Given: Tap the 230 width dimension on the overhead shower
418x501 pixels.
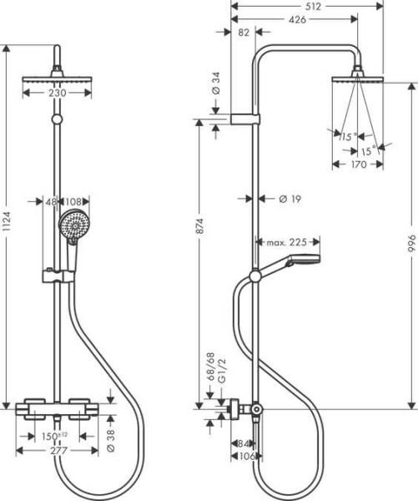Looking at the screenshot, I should click(56, 94).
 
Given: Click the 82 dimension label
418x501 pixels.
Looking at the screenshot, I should click(244, 33).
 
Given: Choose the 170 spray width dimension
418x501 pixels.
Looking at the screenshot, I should click(358, 164).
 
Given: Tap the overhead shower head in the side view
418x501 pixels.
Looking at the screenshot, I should click(359, 80).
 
